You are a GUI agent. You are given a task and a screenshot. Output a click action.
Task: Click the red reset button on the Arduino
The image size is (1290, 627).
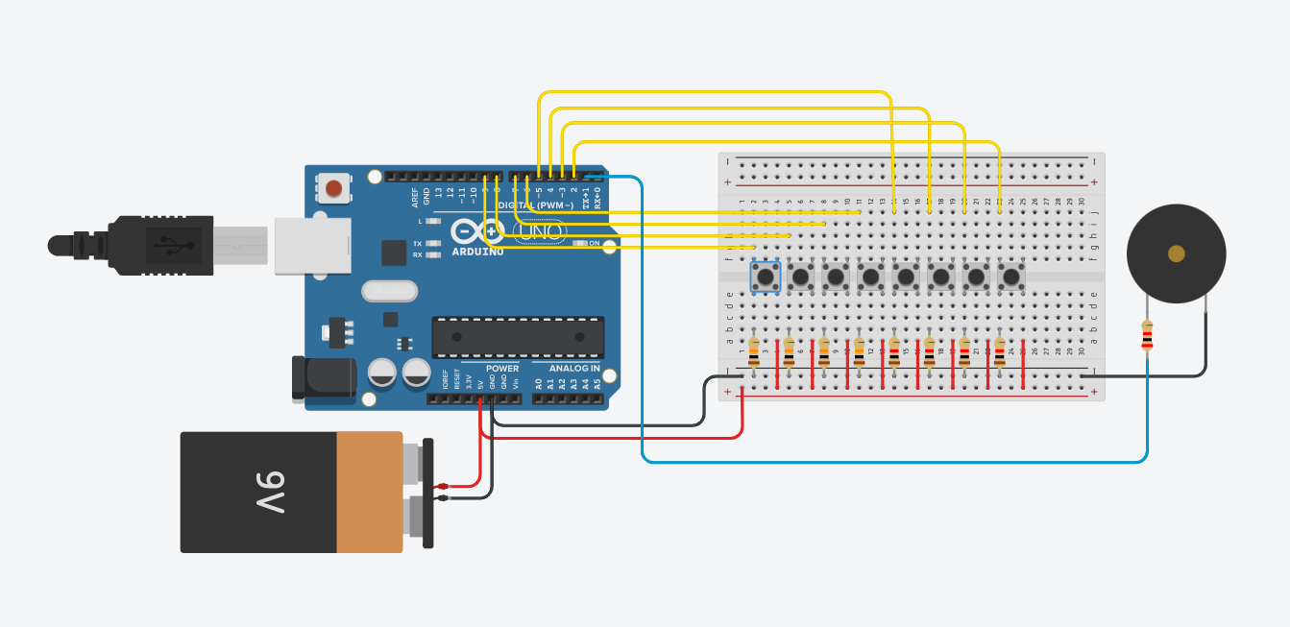(333, 188)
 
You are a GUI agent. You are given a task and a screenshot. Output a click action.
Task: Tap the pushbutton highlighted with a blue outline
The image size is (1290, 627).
(766, 277)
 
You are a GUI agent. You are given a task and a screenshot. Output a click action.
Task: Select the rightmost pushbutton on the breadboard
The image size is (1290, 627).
(1010, 277)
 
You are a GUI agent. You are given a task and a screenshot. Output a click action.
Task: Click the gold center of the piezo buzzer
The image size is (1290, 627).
(1176, 253)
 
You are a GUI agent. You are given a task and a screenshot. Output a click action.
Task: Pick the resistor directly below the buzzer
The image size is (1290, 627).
(1147, 335)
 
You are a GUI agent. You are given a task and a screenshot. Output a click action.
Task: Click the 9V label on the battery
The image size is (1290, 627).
(271, 492)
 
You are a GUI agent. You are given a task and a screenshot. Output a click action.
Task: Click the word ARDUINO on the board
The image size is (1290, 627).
(476, 252)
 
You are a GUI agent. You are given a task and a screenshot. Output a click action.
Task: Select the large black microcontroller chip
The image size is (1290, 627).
(518, 337)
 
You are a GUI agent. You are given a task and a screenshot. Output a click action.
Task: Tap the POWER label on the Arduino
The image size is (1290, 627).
(501, 369)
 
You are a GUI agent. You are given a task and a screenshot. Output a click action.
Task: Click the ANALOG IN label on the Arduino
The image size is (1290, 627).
(574, 369)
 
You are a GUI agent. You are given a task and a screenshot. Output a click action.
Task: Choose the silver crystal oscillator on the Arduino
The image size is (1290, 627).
(389, 290)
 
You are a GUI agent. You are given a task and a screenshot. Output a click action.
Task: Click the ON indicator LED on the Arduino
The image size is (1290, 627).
(580, 243)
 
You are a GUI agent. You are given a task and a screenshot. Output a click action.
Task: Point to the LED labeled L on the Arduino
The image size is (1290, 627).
(433, 221)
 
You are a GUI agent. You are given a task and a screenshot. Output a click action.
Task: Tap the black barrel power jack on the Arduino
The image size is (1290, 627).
(323, 377)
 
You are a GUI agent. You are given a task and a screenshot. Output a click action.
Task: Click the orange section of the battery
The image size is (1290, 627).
(369, 492)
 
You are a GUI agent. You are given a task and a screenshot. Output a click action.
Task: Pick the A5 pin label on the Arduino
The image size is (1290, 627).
(597, 384)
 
